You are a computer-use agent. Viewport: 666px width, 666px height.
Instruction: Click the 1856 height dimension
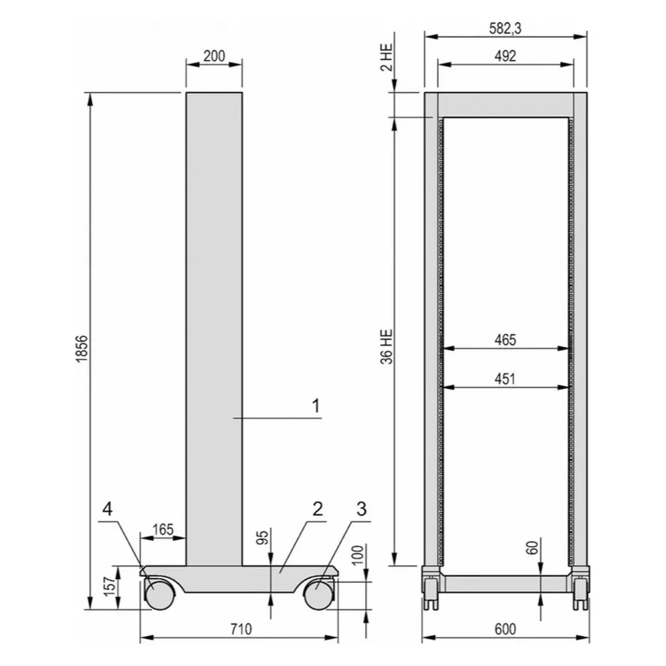[x=82, y=348]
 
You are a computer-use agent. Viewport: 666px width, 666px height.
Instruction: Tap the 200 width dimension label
[x=214, y=56]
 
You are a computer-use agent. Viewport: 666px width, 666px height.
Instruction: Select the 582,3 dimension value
[x=505, y=29]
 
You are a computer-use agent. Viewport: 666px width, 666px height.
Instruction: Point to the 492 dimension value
[x=505, y=56]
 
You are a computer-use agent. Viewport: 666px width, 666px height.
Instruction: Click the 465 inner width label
[x=505, y=340]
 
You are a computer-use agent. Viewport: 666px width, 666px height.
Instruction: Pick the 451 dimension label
[x=505, y=378]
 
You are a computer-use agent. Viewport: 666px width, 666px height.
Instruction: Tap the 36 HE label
[x=387, y=346]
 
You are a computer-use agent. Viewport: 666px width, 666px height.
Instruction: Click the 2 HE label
[x=387, y=58]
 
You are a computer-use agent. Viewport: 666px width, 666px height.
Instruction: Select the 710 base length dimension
[x=241, y=629]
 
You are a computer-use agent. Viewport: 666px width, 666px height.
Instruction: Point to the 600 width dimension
[x=505, y=629]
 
